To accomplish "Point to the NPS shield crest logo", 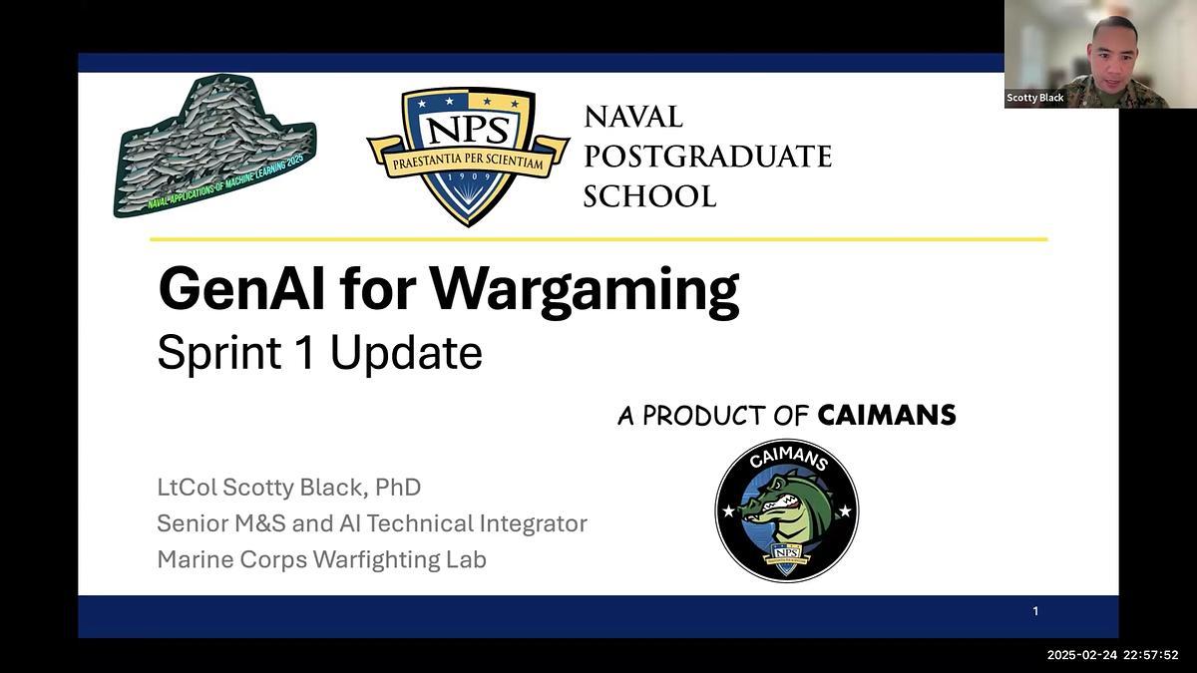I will click(x=467, y=152).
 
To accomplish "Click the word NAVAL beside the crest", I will click(x=633, y=117).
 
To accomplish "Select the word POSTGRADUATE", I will click(x=706, y=157).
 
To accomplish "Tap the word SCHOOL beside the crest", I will click(x=649, y=196).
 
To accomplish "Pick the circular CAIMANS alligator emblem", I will click(x=786, y=509).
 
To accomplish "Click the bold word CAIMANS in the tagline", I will click(x=886, y=415).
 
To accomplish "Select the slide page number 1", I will click(x=1035, y=611).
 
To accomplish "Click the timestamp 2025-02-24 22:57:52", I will click(x=1112, y=655).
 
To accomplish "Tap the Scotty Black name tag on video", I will click(x=1035, y=98).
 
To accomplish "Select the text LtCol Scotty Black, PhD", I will click(x=288, y=488).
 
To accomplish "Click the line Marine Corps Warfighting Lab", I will click(x=321, y=559).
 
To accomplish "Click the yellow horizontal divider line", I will click(x=598, y=239).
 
